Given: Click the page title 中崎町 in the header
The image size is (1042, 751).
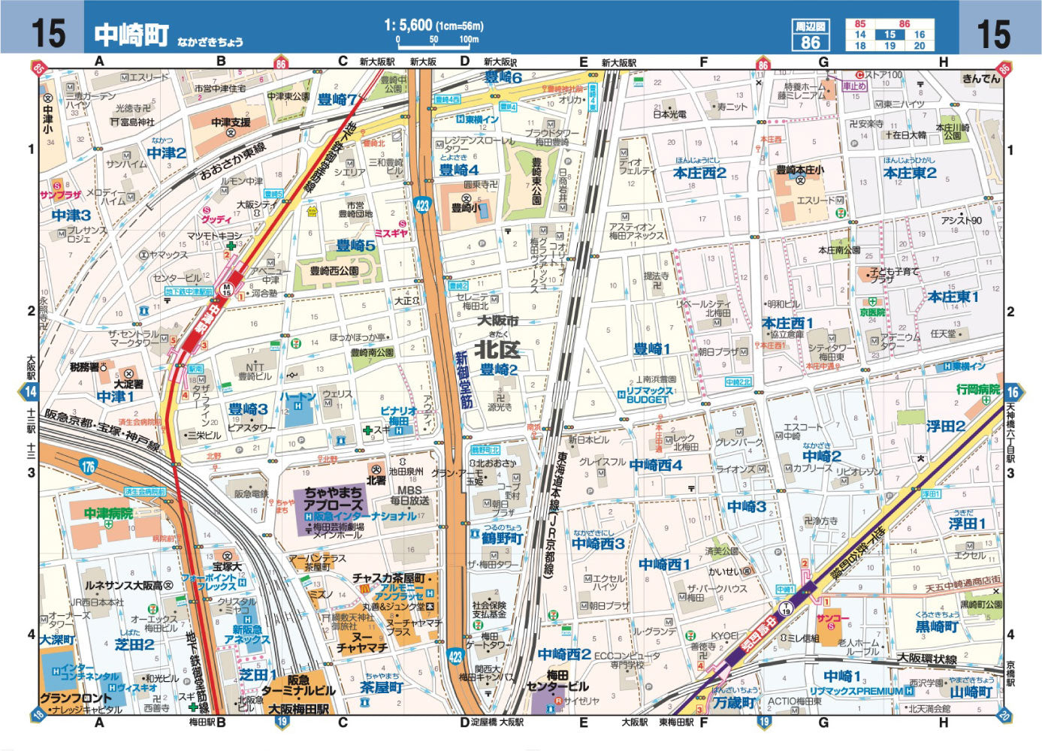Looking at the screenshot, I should tap(131, 34).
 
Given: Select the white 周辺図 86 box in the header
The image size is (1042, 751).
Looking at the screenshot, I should tap(811, 35).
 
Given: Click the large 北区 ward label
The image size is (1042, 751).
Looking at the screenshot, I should tap(497, 349).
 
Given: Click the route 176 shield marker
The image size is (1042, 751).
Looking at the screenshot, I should tap(89, 467).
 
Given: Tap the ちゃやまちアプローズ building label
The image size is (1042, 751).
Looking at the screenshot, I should tap(334, 499).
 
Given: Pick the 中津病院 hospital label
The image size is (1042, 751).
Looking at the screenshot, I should tap(108, 514).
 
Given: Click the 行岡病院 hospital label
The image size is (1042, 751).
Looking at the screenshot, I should tap(978, 390).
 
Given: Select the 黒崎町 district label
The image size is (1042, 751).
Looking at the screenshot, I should tap(937, 626).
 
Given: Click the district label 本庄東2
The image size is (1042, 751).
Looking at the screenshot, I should tap(910, 173).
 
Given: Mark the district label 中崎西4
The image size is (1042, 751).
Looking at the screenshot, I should tap(656, 465).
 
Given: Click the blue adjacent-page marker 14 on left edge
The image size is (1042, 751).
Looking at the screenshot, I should tap(30, 391).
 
